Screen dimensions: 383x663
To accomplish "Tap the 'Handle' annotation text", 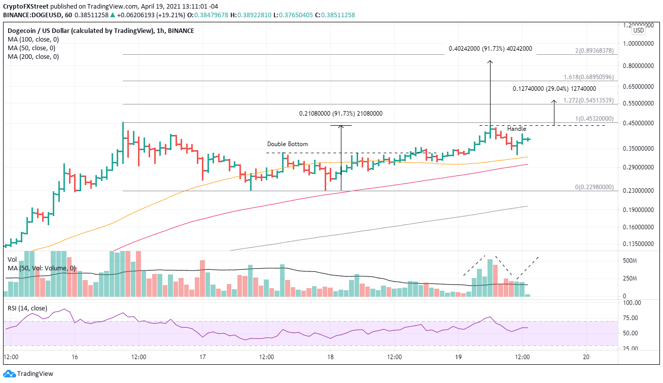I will [x=516, y=129].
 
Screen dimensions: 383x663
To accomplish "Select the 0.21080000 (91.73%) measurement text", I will [x=340, y=114].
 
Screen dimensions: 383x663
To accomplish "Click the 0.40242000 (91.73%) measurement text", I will [x=490, y=49].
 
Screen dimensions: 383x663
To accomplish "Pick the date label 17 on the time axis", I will [x=202, y=357].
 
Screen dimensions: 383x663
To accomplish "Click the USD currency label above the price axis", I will [x=638, y=30].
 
